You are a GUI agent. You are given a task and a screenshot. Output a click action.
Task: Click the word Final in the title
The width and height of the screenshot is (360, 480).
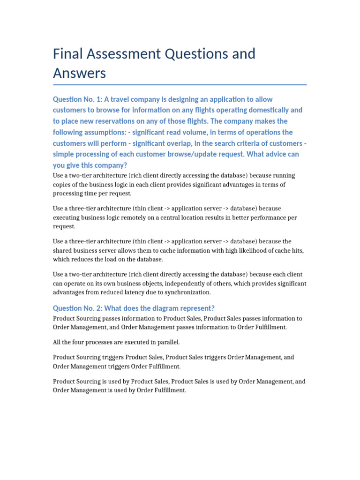click(x=69, y=54)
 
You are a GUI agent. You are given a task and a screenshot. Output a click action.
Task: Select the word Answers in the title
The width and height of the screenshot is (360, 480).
click(x=80, y=74)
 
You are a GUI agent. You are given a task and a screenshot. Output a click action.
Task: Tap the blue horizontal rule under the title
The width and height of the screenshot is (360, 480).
click(x=180, y=85)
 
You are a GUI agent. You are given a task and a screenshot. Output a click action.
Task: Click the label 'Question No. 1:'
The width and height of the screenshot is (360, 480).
click(x=78, y=99)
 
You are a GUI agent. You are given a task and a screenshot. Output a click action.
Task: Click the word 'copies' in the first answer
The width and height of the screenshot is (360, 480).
click(x=62, y=185)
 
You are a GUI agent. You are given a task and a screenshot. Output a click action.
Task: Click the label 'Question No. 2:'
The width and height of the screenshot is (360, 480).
click(x=78, y=308)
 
